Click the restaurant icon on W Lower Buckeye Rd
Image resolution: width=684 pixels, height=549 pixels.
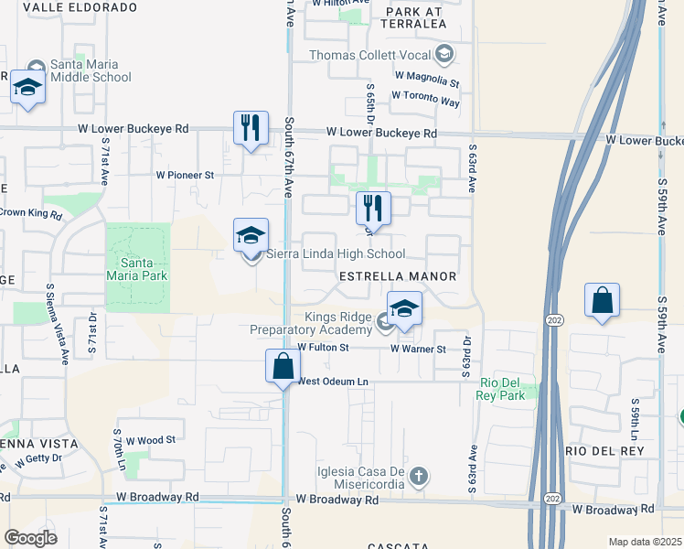[251, 127]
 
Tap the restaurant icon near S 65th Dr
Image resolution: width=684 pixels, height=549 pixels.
[373, 208]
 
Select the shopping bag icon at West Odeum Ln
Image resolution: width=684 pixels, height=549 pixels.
[283, 365]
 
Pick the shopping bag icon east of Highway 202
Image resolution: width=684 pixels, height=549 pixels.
[603, 300]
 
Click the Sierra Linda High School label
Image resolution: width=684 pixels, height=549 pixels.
[336, 254]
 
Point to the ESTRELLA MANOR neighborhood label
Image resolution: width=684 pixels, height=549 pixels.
[397, 275]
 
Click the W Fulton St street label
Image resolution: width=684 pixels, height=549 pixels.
[323, 348]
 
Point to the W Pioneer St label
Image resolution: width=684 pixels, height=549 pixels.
[185, 174]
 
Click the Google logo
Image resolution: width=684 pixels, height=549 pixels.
[30, 538]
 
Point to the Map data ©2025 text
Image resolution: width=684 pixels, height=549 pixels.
[645, 542]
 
